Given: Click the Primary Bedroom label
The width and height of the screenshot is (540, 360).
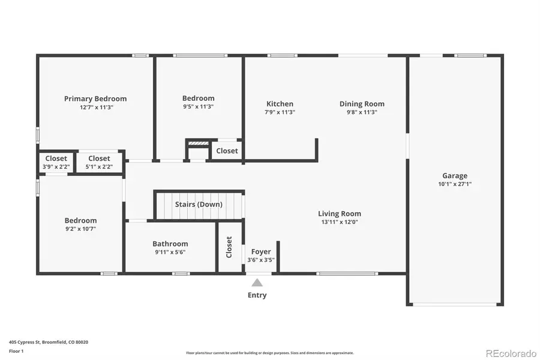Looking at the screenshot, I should [95, 99].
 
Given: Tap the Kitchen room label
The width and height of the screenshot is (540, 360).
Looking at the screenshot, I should [280, 104].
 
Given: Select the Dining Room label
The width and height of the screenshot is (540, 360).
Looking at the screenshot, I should [362, 104].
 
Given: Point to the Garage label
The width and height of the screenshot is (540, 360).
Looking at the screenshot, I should [455, 176].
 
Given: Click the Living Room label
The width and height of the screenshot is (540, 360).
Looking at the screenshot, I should [339, 214].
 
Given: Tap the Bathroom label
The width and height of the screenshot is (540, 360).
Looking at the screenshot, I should [170, 244].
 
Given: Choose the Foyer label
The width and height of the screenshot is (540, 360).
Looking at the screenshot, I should [261, 251].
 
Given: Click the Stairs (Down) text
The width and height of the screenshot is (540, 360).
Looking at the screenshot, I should [199, 205].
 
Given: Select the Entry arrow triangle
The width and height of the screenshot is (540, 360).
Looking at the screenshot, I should [257, 283].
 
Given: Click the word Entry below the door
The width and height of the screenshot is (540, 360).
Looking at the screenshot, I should [257, 295].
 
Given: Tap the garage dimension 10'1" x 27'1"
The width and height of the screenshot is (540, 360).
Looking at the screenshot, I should [455, 184].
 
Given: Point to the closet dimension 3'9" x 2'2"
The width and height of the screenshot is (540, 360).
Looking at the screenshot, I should [56, 167].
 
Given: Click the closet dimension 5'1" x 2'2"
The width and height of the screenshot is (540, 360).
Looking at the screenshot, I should [99, 167].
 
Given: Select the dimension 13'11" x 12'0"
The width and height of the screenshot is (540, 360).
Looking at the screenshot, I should [339, 222].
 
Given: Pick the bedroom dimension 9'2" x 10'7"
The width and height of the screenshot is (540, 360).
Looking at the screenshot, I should [80, 229].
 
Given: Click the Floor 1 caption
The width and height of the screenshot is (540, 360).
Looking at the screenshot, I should [16, 350].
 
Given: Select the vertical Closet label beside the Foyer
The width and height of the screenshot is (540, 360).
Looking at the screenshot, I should [229, 247].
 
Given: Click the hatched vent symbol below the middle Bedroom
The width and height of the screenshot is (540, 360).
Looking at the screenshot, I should [197, 144].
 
